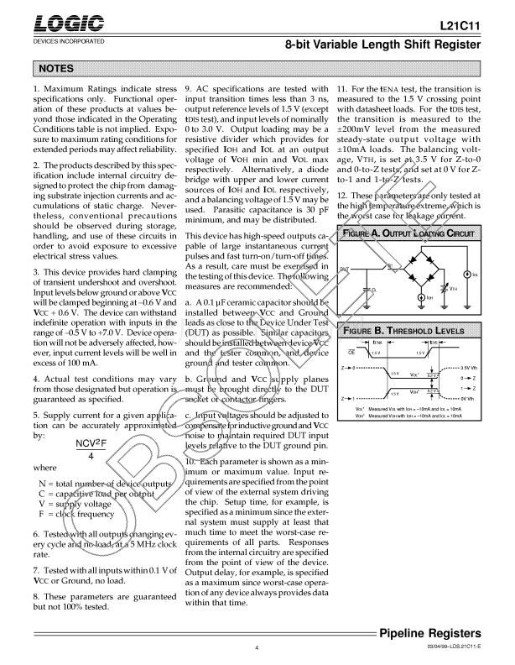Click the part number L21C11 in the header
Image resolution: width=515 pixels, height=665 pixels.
click(460, 28)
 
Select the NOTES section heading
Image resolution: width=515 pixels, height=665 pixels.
click(57, 68)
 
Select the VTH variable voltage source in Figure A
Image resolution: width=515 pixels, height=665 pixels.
click(444, 288)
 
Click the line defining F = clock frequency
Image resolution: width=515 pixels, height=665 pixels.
click(79, 514)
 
